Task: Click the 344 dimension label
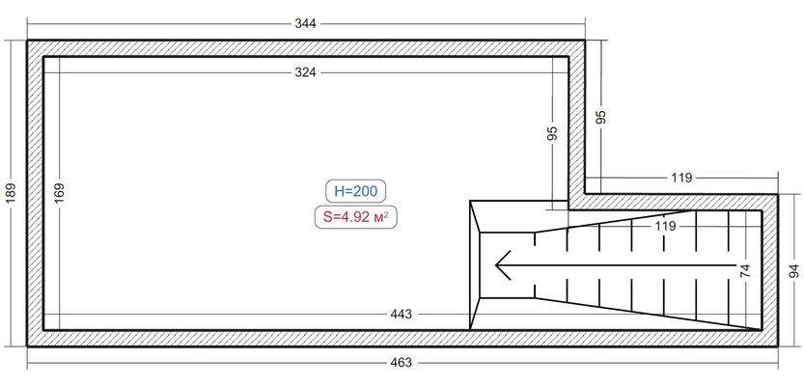click(x=305, y=23)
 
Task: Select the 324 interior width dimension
click(x=305, y=72)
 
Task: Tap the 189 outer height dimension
click(x=13, y=193)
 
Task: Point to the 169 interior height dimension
click(x=59, y=193)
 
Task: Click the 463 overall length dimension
click(x=401, y=363)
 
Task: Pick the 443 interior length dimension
click(x=401, y=315)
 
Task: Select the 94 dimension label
click(x=792, y=271)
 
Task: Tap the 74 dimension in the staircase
click(x=745, y=270)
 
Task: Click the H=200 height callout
click(x=356, y=192)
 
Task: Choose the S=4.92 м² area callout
click(x=356, y=218)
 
